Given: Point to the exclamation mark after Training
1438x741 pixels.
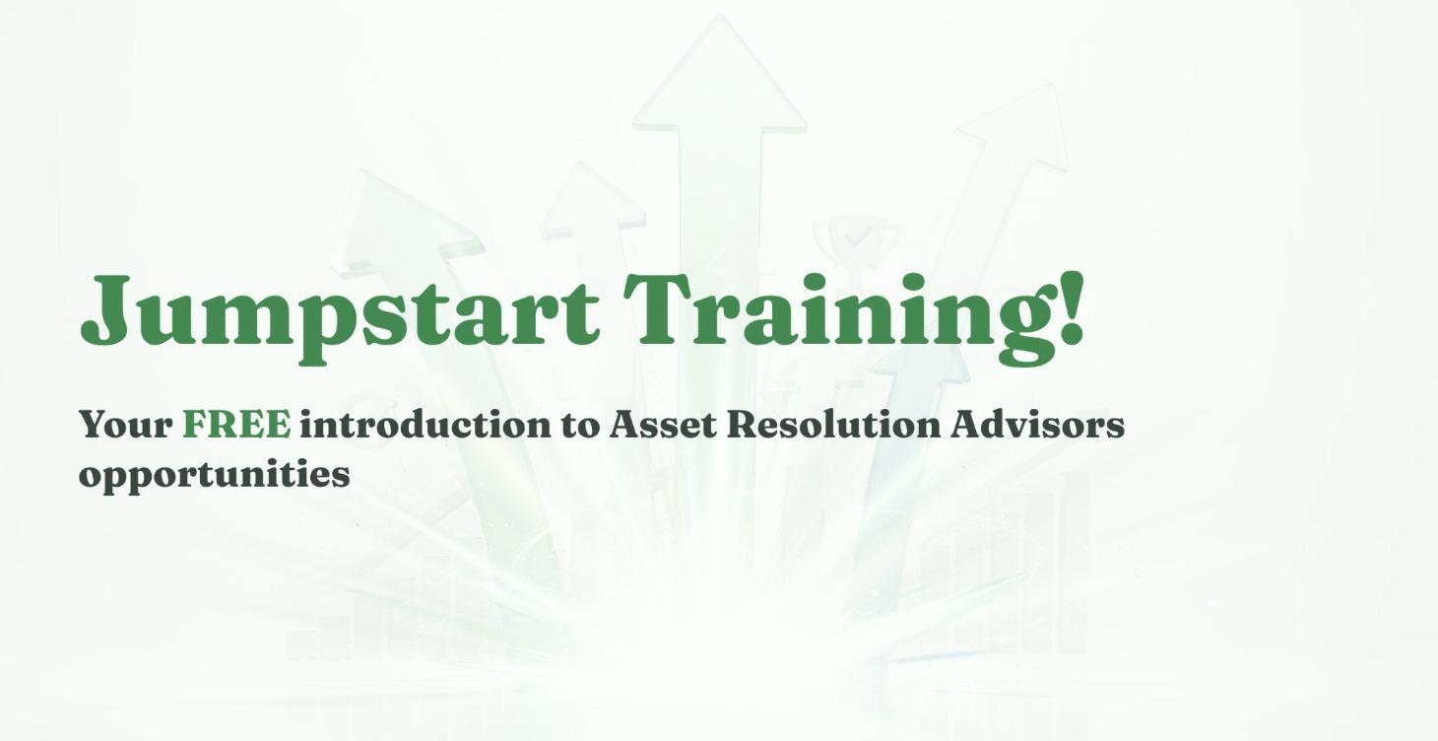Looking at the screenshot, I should (x=1072, y=307).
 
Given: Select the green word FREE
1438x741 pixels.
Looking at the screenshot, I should (x=236, y=425).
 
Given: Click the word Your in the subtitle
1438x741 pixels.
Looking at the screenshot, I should (x=125, y=425).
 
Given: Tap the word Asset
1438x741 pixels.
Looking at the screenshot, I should (x=662, y=425).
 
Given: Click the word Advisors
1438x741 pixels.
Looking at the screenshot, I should (x=1037, y=425).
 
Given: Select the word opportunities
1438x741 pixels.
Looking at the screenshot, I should (x=214, y=474).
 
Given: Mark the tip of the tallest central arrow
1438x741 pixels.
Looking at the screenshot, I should (x=719, y=18).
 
